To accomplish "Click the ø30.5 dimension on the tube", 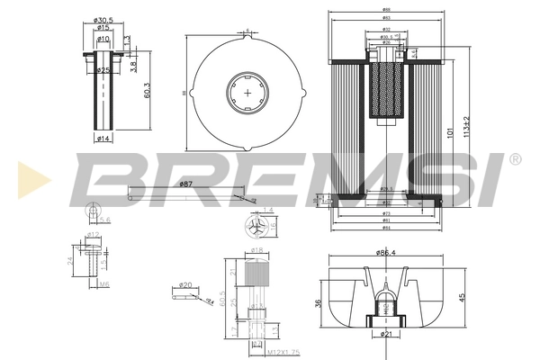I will click(x=105, y=20).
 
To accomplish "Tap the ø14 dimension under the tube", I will click(x=104, y=138).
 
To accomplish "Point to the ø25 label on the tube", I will click(x=104, y=70).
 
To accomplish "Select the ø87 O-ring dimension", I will click(x=186, y=184).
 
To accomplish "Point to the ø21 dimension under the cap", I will click(x=387, y=335).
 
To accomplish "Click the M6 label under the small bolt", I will click(x=104, y=283).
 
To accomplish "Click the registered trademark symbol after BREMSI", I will click(x=515, y=159).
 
